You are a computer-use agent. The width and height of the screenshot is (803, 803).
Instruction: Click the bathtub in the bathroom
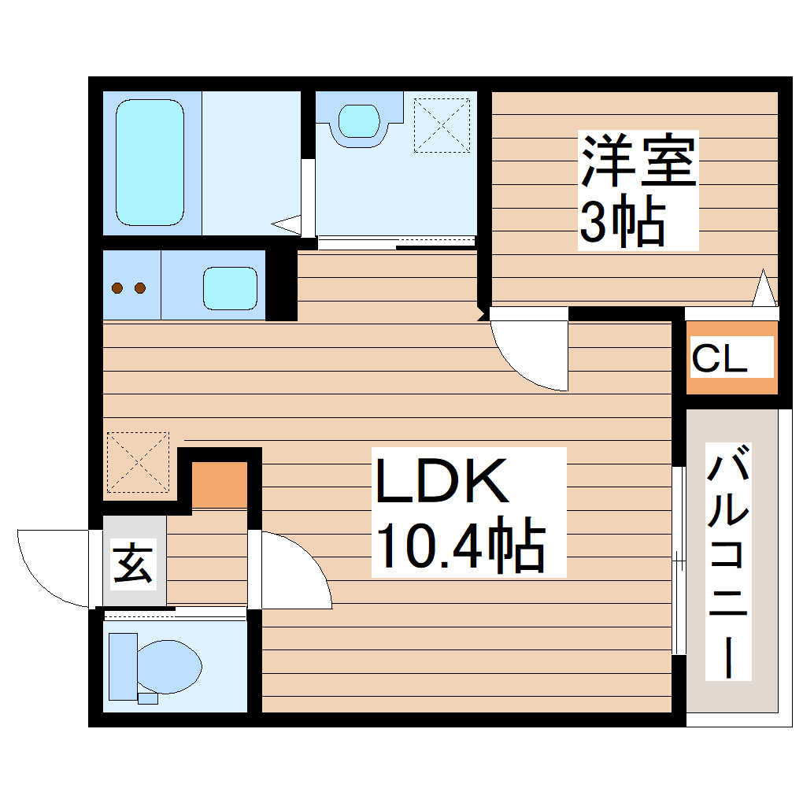point(150,162)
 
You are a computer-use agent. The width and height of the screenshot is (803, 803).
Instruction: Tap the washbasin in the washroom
point(359,122)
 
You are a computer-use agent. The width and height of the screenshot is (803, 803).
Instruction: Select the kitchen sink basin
point(230,287)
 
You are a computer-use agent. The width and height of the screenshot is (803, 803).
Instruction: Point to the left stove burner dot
point(118,288)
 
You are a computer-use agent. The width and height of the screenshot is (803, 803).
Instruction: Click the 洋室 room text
point(638,161)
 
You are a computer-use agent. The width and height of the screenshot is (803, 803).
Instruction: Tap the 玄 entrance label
point(133,563)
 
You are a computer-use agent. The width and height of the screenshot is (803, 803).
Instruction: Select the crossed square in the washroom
point(442,124)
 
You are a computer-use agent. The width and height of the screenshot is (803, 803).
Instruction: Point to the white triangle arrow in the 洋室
point(764,289)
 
